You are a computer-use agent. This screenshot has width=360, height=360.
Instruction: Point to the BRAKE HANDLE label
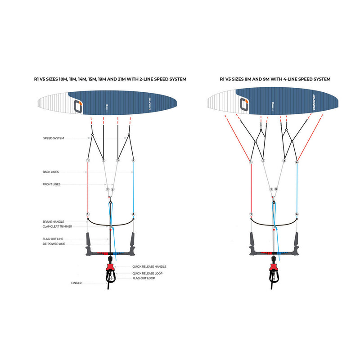[54, 222]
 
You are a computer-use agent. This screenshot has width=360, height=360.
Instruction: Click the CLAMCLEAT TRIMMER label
[57, 227]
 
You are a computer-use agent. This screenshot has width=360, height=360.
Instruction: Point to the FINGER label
[76, 283]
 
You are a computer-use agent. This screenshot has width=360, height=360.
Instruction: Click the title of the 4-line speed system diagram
[275, 79]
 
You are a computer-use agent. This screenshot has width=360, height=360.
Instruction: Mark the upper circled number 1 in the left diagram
[88, 161]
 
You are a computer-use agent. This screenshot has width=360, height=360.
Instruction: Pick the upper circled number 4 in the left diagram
[134, 161]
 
